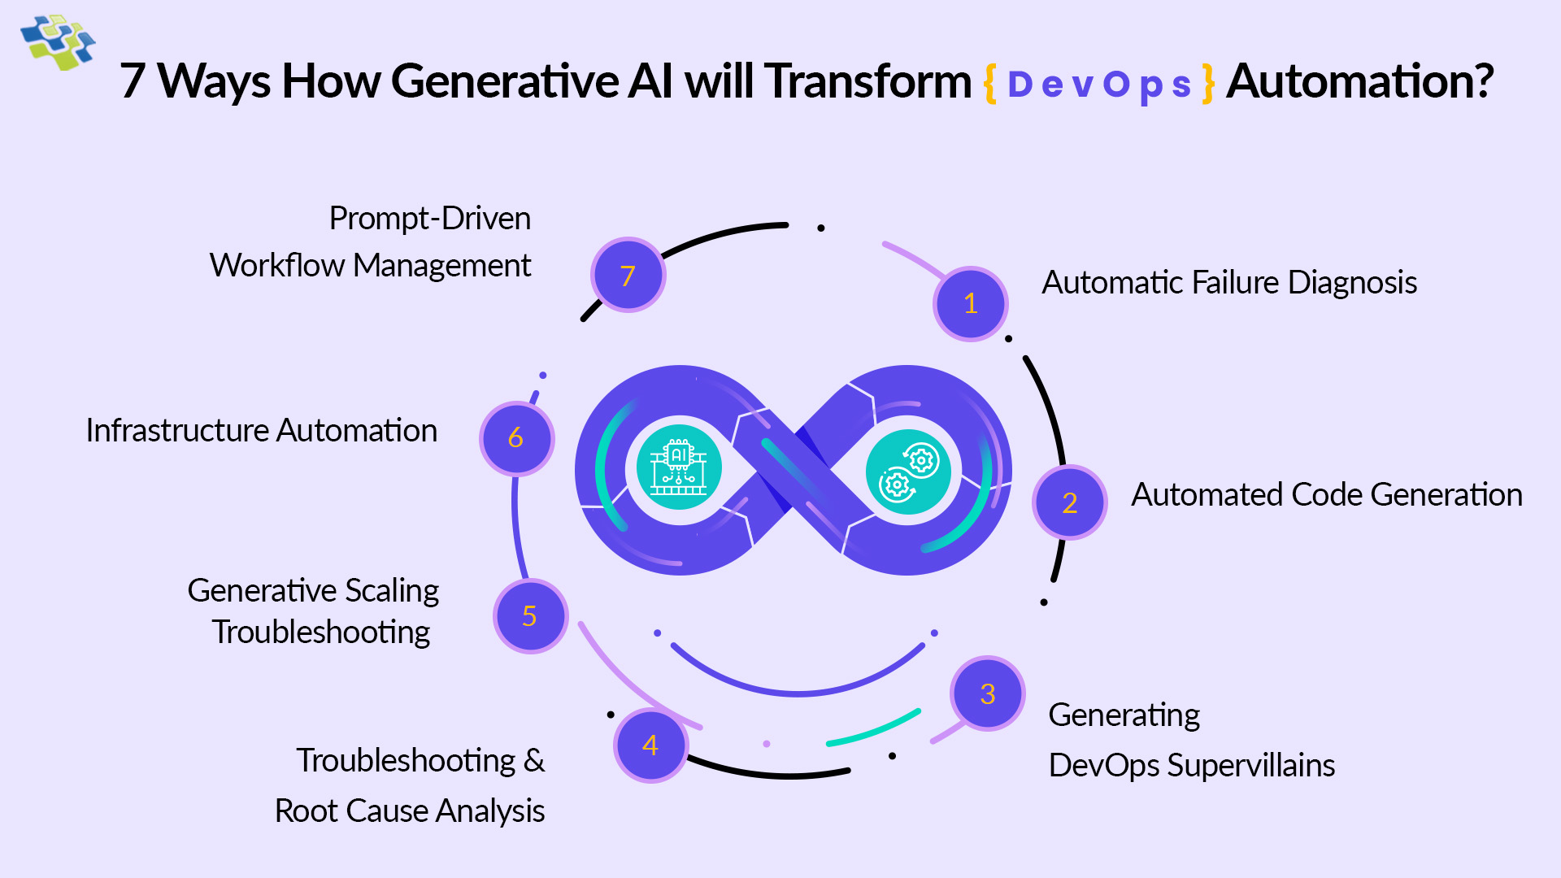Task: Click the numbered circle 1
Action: [x=970, y=304]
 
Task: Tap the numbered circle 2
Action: [x=1069, y=502]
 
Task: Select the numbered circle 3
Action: [x=987, y=693]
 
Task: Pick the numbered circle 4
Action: [x=650, y=745]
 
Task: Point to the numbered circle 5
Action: [x=530, y=616]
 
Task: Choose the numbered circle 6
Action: [x=516, y=438]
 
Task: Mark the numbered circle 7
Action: [x=628, y=276]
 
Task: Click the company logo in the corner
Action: [x=58, y=41]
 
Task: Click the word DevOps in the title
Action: [x=1099, y=85]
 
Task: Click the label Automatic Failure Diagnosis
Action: [x=1229, y=283]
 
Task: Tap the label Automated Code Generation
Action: [x=1327, y=495]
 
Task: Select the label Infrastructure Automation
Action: [x=262, y=431]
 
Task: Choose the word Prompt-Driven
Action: [x=429, y=219]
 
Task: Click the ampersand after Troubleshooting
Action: [x=534, y=761]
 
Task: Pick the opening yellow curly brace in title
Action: [x=990, y=83]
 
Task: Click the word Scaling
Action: [x=392, y=591]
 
